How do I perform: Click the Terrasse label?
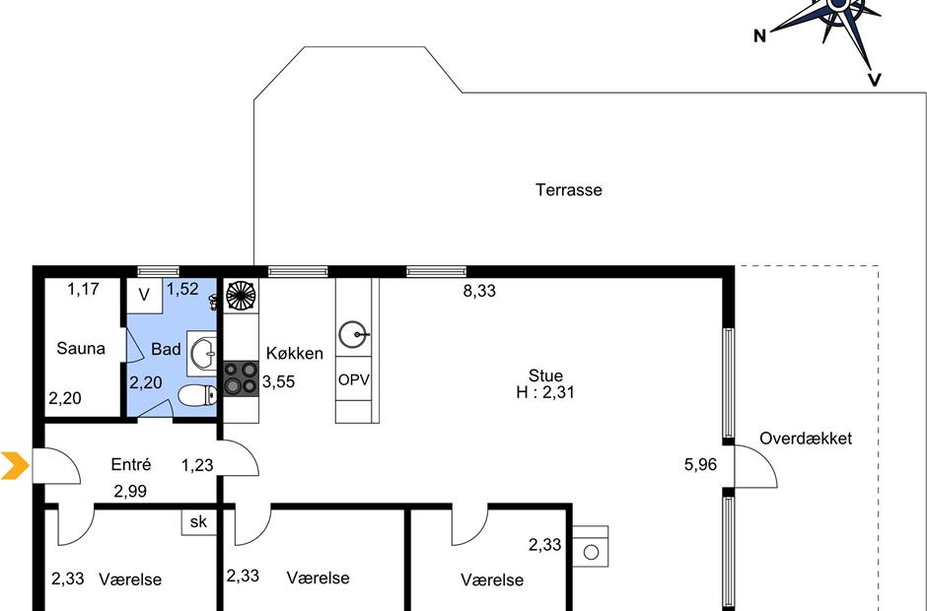coord(569,189)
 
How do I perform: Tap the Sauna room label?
coord(81,348)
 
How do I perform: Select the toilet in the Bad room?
coord(197,395)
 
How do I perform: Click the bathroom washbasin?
coord(202,354)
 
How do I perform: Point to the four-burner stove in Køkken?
coord(242,378)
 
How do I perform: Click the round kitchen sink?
coord(353,334)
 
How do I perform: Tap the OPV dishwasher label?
coord(353,380)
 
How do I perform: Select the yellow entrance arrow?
coord(15,465)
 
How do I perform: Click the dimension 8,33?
coord(479,291)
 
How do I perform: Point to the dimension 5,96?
coord(700,464)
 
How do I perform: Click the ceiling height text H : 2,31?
coord(545,392)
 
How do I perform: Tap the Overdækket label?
coord(806,439)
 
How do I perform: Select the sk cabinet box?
coord(199,521)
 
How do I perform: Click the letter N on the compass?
coord(759,36)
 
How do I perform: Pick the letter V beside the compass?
coord(875,80)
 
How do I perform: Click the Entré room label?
coord(130,464)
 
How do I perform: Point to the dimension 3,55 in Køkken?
coord(278,381)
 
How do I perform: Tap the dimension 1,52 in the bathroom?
coord(182,289)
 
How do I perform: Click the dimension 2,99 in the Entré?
coord(130,491)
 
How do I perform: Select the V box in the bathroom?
coord(144,295)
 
